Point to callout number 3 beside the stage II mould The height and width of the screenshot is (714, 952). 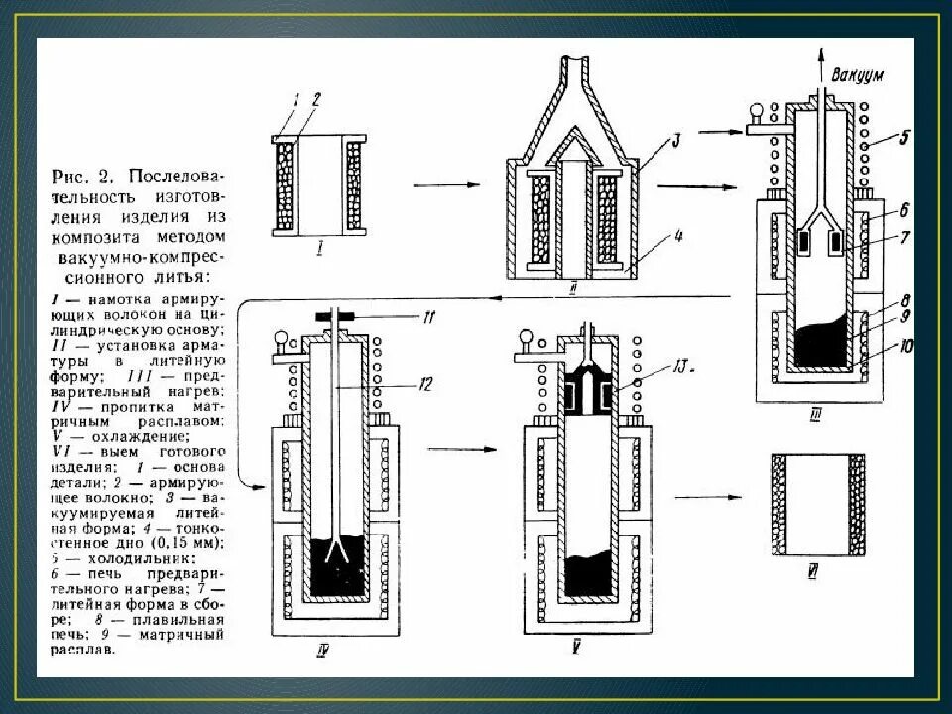pos(675,141)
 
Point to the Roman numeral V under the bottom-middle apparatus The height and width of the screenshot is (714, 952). pos(574,651)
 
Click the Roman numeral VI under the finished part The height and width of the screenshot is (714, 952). pos(811,572)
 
